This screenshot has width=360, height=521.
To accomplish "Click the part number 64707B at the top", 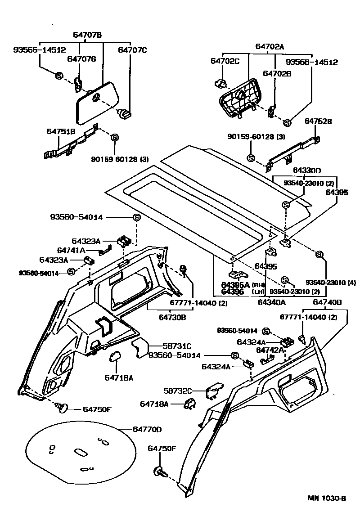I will [x=87, y=35].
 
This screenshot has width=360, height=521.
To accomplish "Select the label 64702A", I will [x=270, y=46].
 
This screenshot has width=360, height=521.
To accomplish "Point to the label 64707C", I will [x=132, y=50].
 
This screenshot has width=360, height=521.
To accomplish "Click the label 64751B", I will [x=61, y=131].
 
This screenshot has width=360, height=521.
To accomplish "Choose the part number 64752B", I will [x=318, y=121].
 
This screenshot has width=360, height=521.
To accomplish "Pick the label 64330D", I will [x=307, y=171].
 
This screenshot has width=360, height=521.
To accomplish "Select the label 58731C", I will [x=177, y=346].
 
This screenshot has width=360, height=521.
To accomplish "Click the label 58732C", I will [x=177, y=391].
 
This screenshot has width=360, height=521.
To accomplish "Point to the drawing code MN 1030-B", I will [x=327, y=498].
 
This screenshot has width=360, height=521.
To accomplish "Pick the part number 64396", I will [x=233, y=292].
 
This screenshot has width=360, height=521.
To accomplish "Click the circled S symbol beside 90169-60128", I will [x=114, y=137].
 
